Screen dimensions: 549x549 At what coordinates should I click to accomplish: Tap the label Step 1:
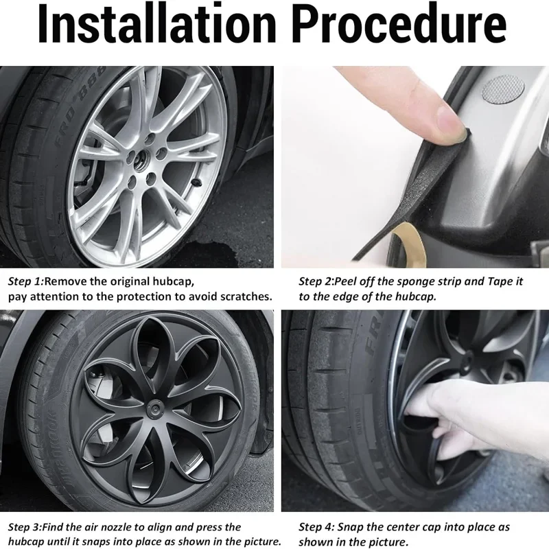[26, 282]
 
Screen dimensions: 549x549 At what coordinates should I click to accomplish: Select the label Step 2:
[317, 282]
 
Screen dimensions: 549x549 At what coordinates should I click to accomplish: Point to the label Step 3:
[26, 527]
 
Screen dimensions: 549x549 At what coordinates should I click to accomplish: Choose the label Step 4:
[317, 527]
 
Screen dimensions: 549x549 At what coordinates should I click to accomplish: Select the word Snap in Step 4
[352, 528]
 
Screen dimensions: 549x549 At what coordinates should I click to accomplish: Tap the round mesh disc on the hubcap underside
[503, 89]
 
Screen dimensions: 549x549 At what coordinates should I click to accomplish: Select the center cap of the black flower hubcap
[155, 408]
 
